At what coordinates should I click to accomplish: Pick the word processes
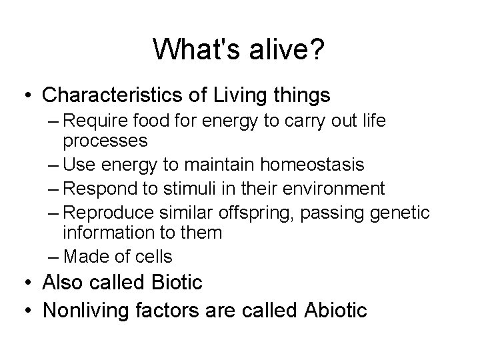pyautogui.click(x=105, y=141)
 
